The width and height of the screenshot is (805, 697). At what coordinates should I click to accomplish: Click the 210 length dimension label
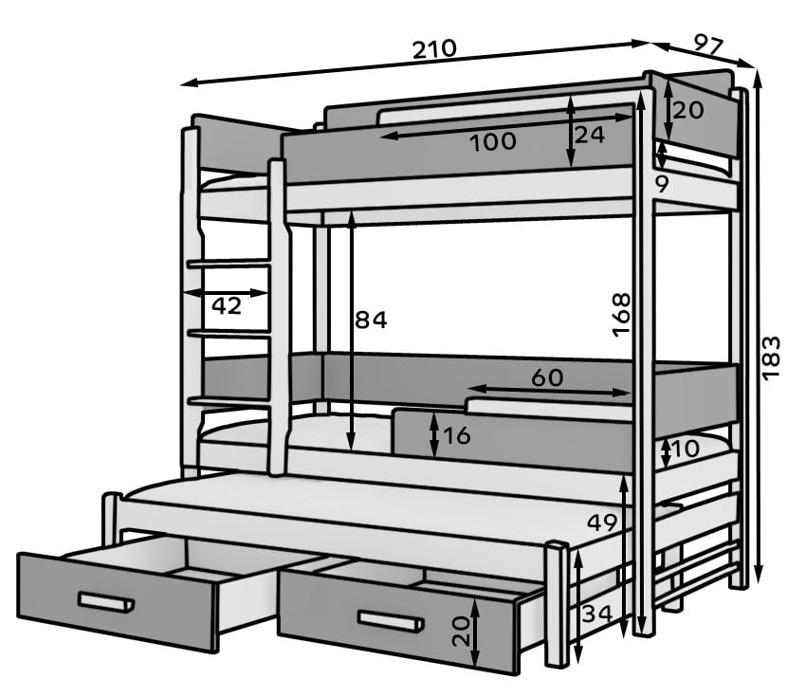(x=434, y=48)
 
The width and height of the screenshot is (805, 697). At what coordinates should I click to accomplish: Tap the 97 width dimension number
(x=708, y=44)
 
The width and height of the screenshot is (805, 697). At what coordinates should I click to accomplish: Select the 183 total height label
(x=771, y=358)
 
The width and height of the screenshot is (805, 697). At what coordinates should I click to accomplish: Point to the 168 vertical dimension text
(x=621, y=314)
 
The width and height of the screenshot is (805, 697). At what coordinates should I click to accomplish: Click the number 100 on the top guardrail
(x=493, y=141)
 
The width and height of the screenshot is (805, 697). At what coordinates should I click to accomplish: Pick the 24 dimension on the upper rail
(x=590, y=135)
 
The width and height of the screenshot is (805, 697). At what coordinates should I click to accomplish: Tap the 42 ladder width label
(x=227, y=306)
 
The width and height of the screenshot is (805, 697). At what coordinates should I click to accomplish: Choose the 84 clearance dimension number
(x=371, y=320)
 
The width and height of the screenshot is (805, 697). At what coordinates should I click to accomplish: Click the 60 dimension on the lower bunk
(x=547, y=377)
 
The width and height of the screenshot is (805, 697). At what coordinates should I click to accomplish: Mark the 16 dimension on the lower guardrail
(x=456, y=435)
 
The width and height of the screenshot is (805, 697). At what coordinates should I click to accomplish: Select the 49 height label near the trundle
(x=602, y=523)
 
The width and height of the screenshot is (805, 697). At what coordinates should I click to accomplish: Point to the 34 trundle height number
(x=597, y=613)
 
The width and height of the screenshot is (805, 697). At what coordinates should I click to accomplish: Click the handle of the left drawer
(x=106, y=602)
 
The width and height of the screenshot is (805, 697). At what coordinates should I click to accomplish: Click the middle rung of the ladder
(x=229, y=334)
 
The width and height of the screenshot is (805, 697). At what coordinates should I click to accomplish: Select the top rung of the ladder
(x=229, y=264)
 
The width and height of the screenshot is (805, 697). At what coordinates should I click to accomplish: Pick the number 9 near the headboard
(x=662, y=184)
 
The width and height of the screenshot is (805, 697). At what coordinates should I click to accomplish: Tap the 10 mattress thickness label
(x=685, y=449)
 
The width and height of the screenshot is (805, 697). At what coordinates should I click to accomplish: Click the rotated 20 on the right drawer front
(x=462, y=632)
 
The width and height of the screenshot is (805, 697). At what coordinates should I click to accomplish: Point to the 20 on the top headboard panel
(x=688, y=110)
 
